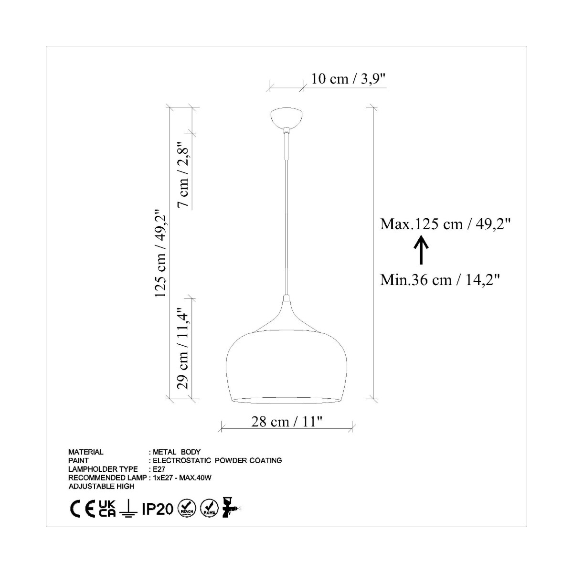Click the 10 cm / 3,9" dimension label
348,79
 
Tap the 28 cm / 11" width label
287,421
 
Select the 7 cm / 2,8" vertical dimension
183,175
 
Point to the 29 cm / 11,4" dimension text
183,348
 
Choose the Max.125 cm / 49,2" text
445,224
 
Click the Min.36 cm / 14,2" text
440,279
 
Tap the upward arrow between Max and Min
421,250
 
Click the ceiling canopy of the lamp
286,118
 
